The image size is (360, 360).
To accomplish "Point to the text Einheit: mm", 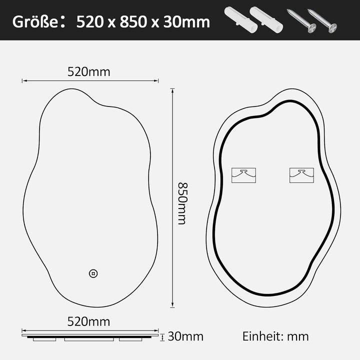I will click(x=275, y=336).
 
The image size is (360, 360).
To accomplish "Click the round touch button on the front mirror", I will click(x=93, y=273).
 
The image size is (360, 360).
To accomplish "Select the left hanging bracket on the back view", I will click(x=243, y=174).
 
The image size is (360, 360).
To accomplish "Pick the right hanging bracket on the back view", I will click(x=301, y=174).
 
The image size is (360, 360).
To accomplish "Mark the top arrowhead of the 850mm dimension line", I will click(x=172, y=91).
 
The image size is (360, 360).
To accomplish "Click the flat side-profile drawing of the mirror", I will click(x=90, y=335).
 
